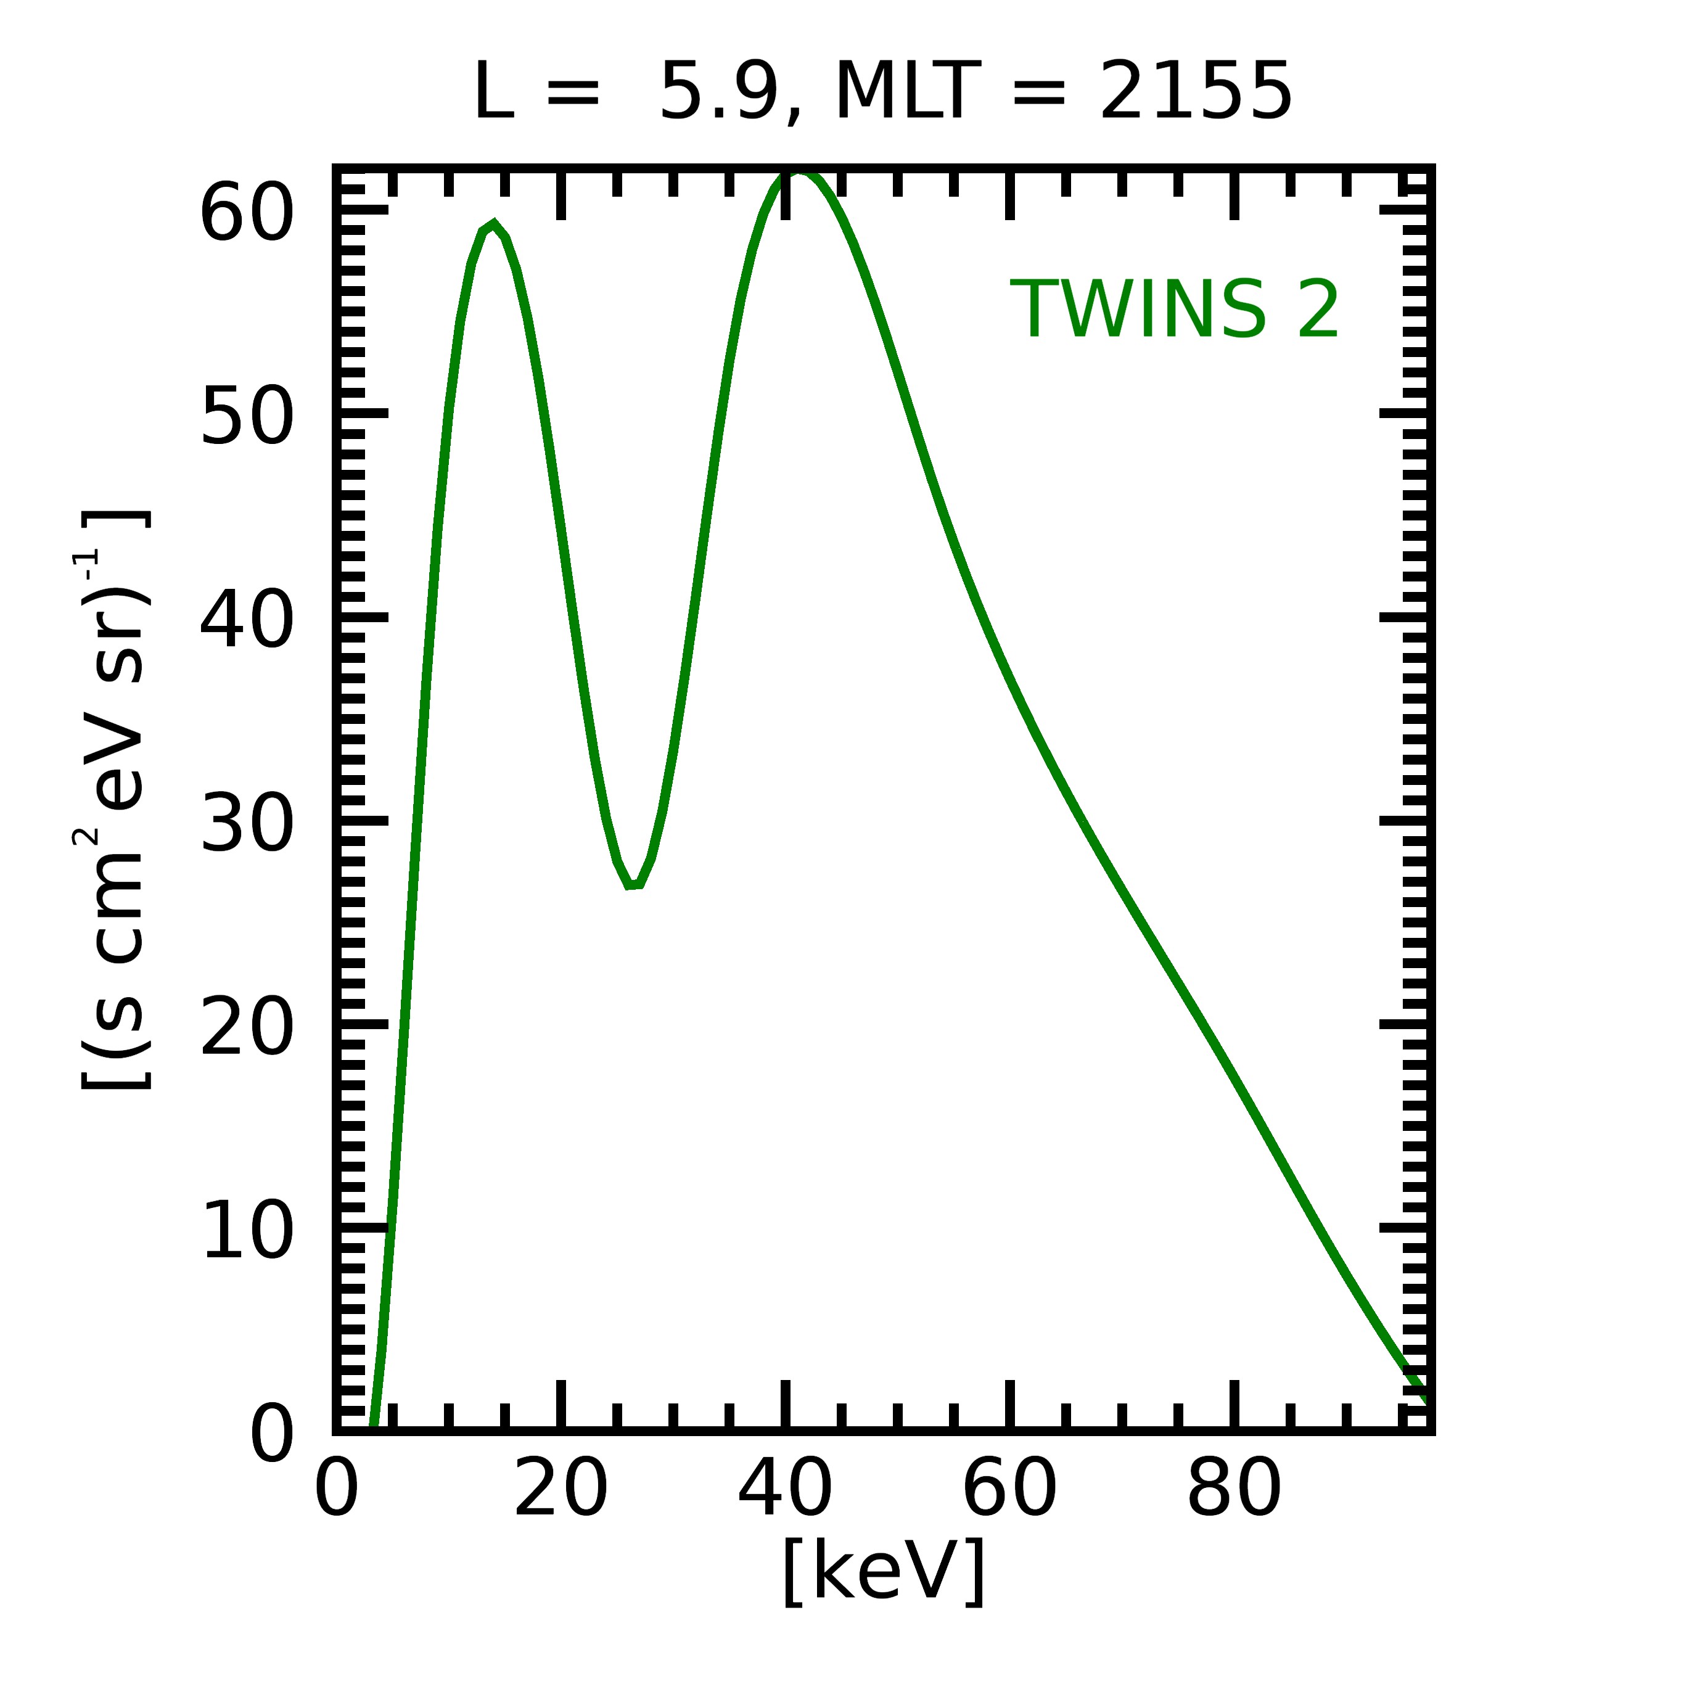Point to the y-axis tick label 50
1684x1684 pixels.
tap(246, 417)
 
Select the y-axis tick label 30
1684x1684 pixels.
tap(246, 824)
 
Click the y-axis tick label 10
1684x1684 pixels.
tap(246, 1231)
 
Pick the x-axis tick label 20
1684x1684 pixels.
tap(561, 1490)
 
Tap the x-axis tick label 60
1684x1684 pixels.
tap(1009, 1490)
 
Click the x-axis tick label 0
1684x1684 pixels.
tap(337, 1490)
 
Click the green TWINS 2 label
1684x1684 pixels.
tap(1173, 310)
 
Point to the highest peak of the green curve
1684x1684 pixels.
tap(797, 171)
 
